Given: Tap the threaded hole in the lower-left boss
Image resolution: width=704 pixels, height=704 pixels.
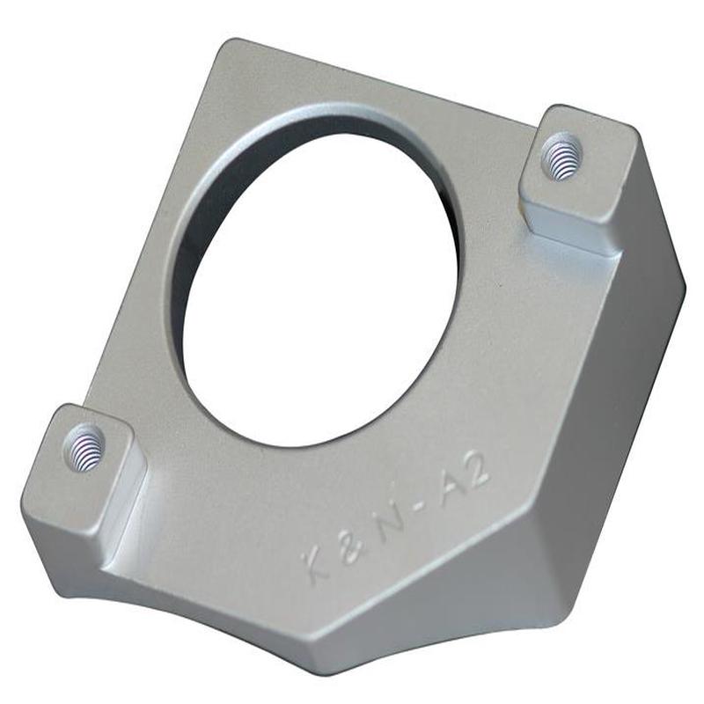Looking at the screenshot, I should [x=85, y=446].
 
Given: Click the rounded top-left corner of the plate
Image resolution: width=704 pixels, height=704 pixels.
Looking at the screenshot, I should [x=231, y=48].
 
